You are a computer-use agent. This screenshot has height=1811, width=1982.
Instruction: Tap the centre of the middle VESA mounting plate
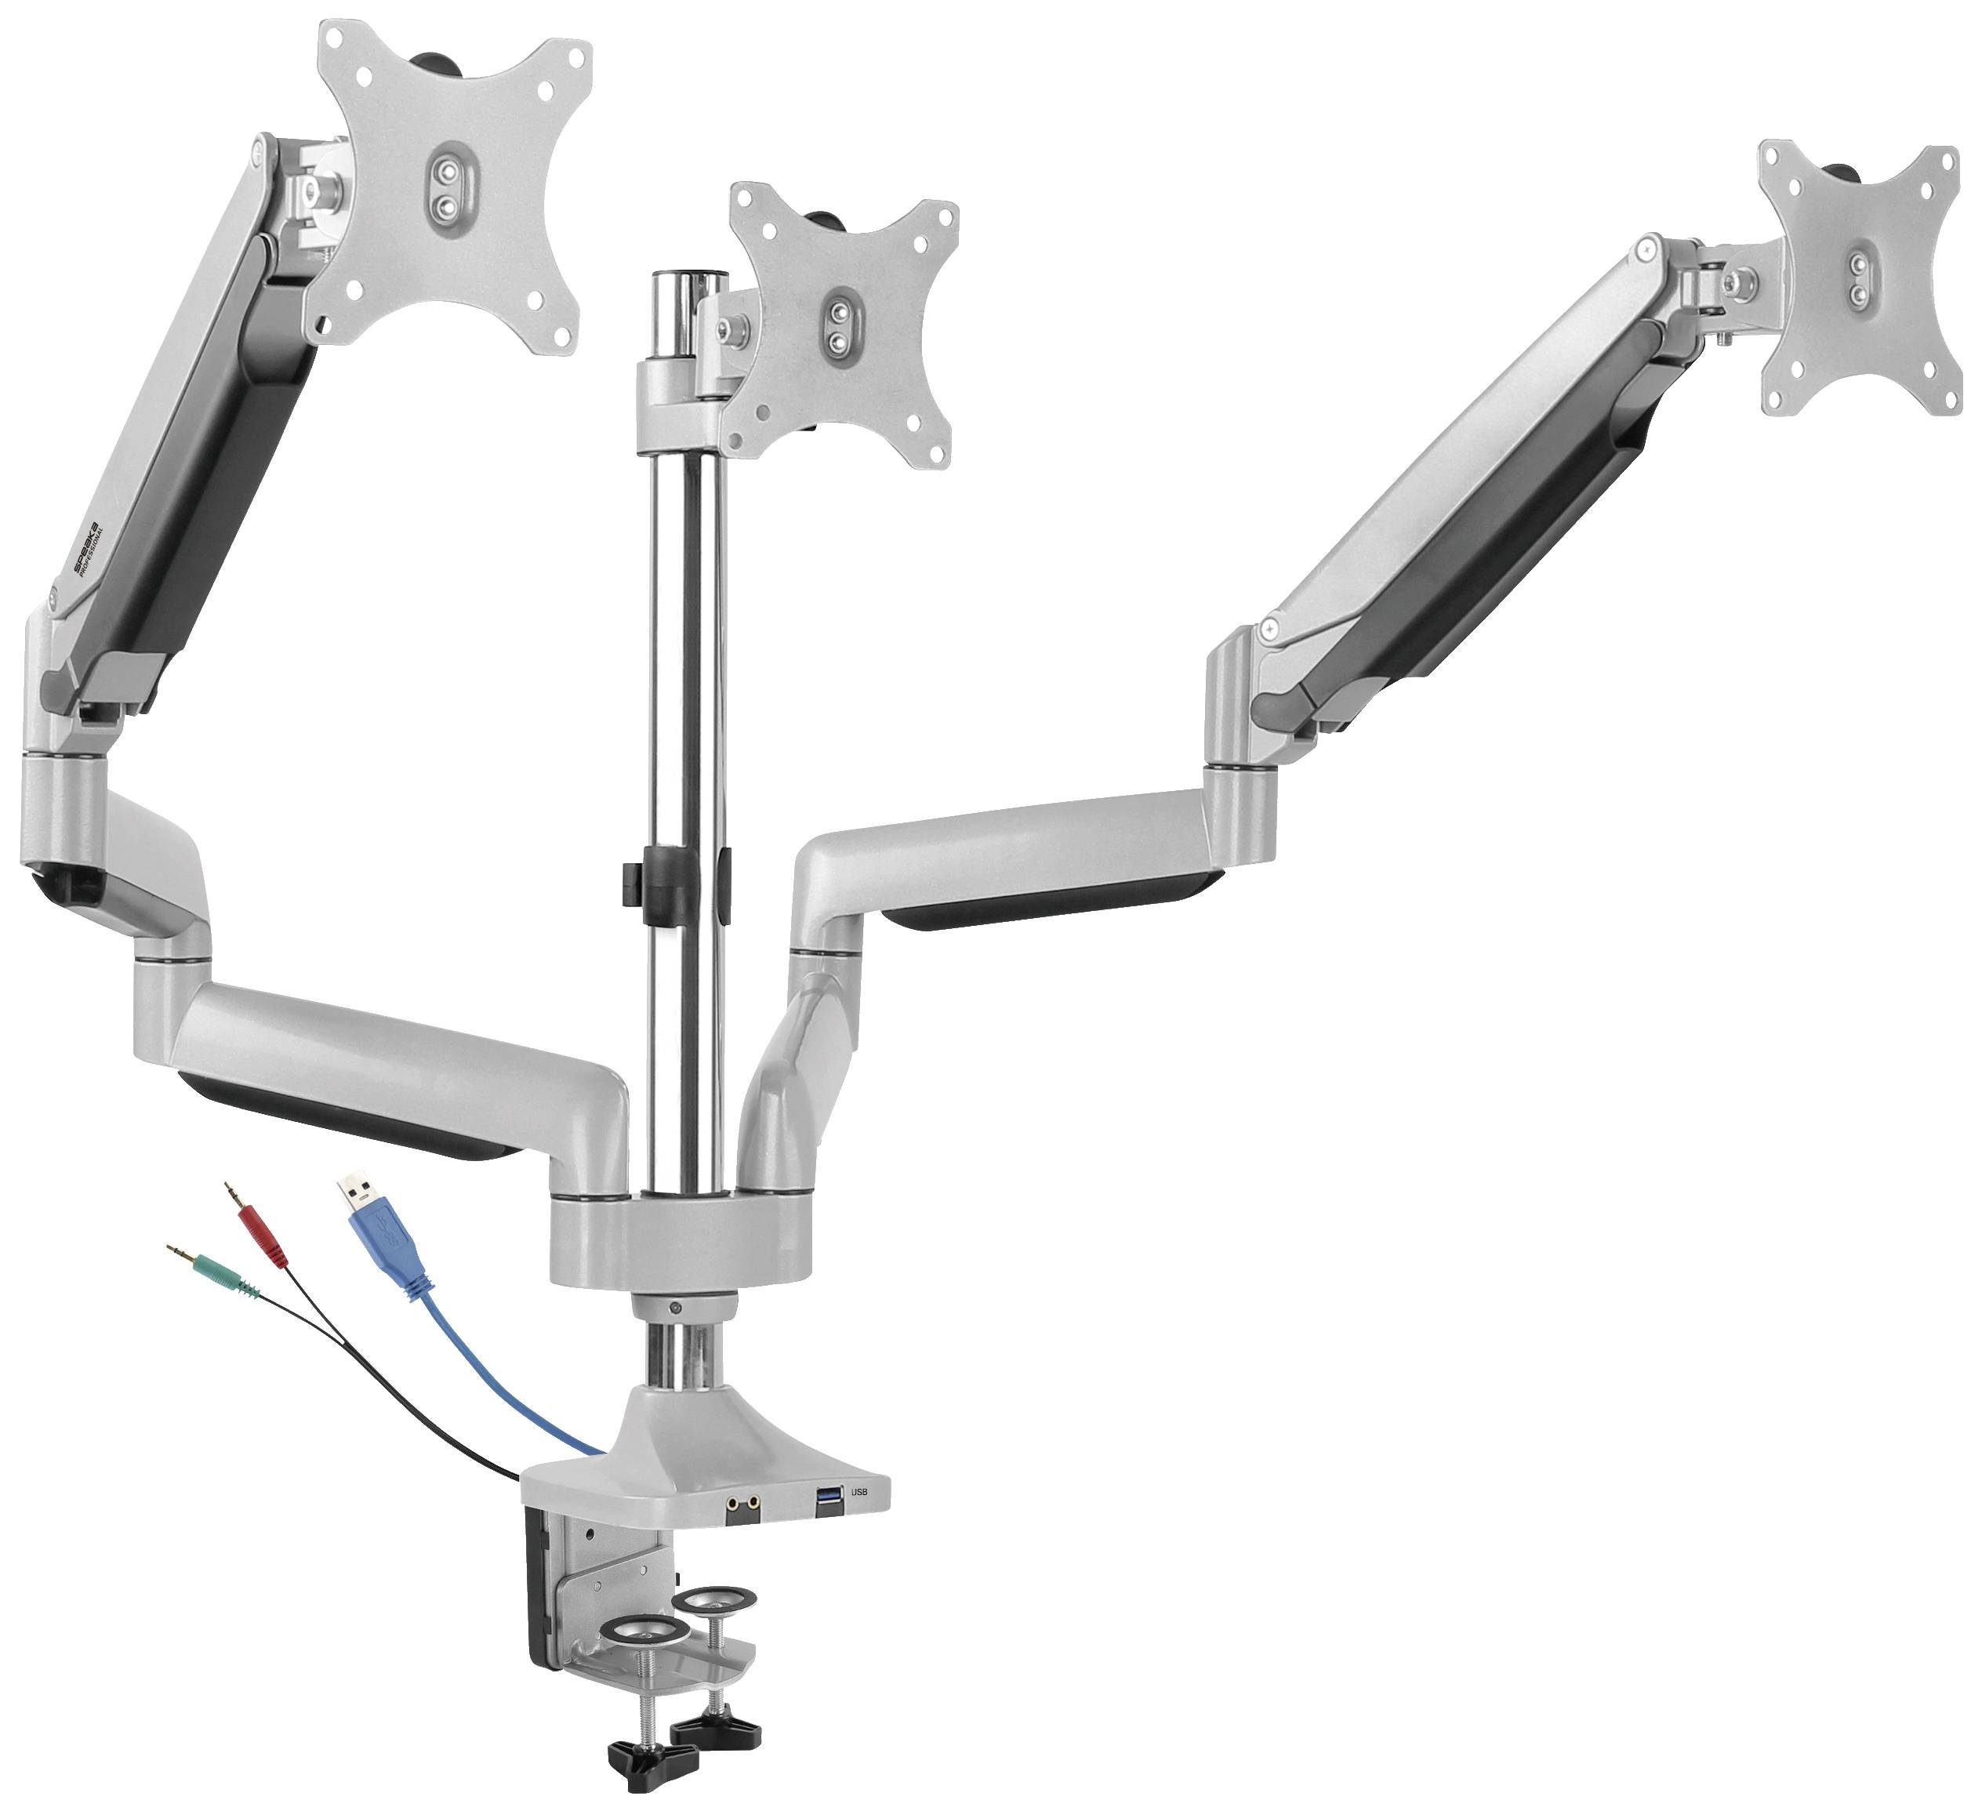[839, 325]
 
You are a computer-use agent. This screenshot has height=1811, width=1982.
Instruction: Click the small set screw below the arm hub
[674, 1308]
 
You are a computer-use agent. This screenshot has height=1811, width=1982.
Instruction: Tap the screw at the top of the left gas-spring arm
[258, 151]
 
